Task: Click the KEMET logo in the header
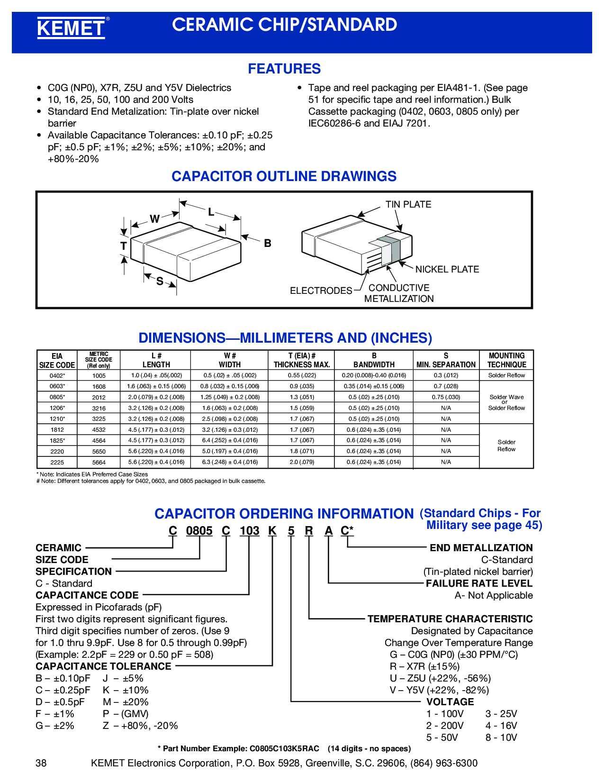[x=71, y=28]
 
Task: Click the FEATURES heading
[x=284, y=69]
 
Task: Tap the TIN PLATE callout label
[x=408, y=204]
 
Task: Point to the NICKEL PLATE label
[x=447, y=269]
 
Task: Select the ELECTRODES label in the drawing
[x=321, y=291]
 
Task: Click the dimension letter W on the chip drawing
[x=154, y=219]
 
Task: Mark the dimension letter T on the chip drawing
[x=124, y=246]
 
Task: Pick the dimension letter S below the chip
[x=160, y=282]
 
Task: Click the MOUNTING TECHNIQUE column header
[x=506, y=360]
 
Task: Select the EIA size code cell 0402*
[x=57, y=375]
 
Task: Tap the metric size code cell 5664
[x=99, y=463]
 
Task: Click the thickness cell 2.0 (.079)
[x=302, y=462]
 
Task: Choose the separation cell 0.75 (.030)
[x=446, y=397]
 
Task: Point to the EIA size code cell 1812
[x=57, y=430]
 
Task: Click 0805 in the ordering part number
[x=199, y=531]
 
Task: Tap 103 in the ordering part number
[x=250, y=531]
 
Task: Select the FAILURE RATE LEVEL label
[x=479, y=583]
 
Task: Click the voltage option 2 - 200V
[x=445, y=726]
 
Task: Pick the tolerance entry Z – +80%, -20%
[x=140, y=726]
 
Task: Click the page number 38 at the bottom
[x=41, y=763]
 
